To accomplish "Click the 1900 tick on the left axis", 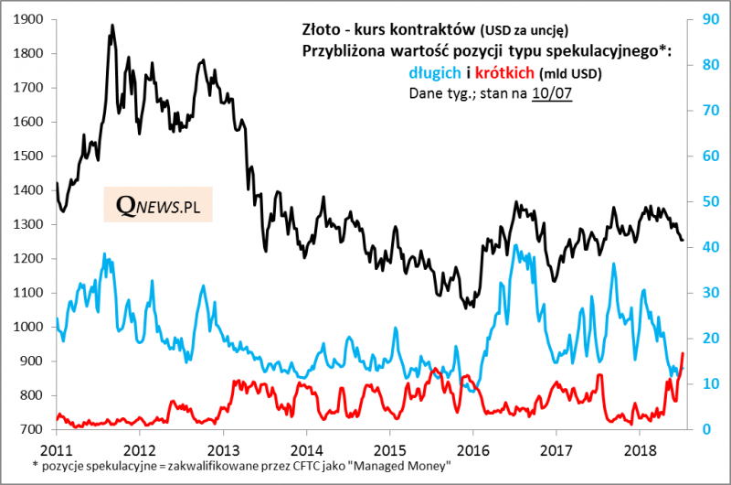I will [x=31, y=19].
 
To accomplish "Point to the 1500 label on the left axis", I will [x=31, y=156].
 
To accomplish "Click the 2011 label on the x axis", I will [x=57, y=449].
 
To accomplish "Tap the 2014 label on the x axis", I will [x=306, y=449].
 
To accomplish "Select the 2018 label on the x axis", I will [x=639, y=449].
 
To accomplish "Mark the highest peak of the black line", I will [x=111, y=26].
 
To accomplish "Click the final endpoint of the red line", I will [x=683, y=353].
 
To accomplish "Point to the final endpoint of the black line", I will [x=682, y=241].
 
